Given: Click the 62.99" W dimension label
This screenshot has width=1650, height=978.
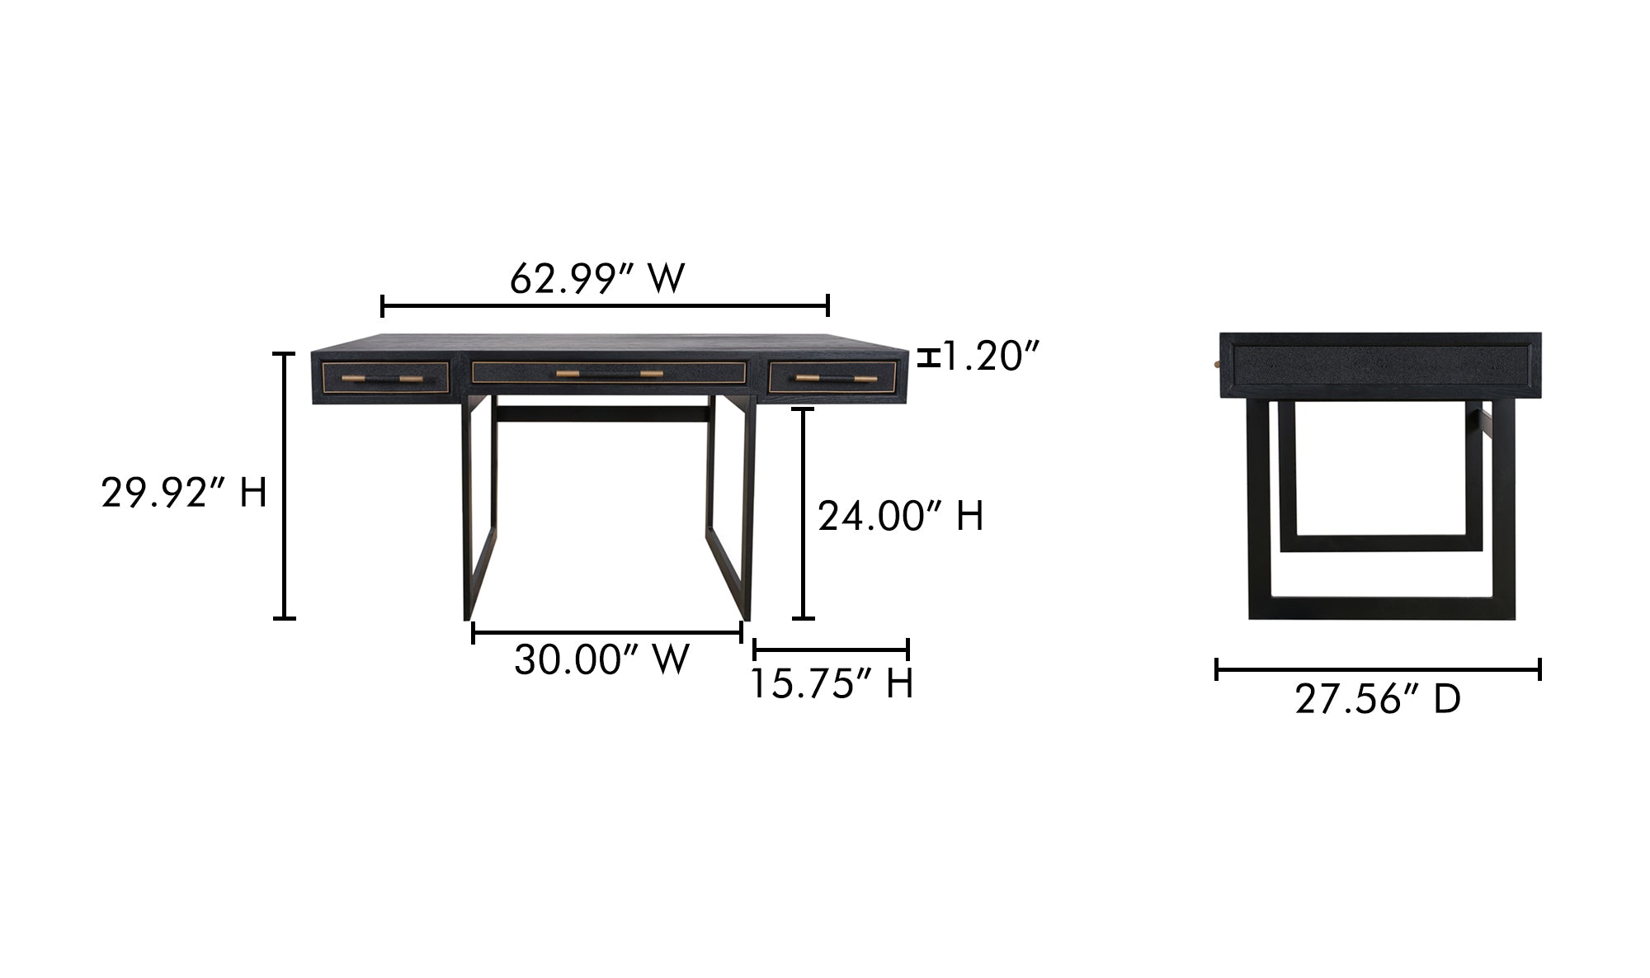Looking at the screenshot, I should (596, 279).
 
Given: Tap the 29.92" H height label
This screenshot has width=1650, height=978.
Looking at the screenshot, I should (184, 494).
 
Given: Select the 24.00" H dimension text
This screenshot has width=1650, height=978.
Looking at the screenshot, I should (900, 517).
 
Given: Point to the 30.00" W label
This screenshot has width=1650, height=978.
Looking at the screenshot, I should (601, 660).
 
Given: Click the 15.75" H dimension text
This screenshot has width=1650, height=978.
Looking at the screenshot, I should (832, 684).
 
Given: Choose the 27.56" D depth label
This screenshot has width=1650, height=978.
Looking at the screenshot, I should (1378, 700).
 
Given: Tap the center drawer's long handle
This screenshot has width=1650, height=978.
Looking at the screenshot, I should (609, 374).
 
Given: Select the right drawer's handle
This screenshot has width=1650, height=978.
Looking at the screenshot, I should (836, 379).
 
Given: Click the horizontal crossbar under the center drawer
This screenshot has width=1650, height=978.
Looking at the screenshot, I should (603, 413).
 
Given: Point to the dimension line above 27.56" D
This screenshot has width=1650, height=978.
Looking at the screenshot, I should (1378, 669).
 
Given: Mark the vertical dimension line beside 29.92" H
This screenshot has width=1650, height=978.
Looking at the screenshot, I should (284, 485).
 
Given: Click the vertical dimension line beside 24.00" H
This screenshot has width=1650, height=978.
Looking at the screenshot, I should (803, 513).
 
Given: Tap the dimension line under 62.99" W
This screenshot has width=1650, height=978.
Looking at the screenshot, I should (605, 306).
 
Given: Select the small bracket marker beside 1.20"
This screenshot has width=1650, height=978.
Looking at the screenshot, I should (929, 358).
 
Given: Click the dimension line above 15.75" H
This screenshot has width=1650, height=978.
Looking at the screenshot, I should (831, 650).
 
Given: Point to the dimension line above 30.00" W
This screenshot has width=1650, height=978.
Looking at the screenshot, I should (606, 633).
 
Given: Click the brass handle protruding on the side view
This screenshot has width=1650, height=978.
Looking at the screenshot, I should (1217, 363).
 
